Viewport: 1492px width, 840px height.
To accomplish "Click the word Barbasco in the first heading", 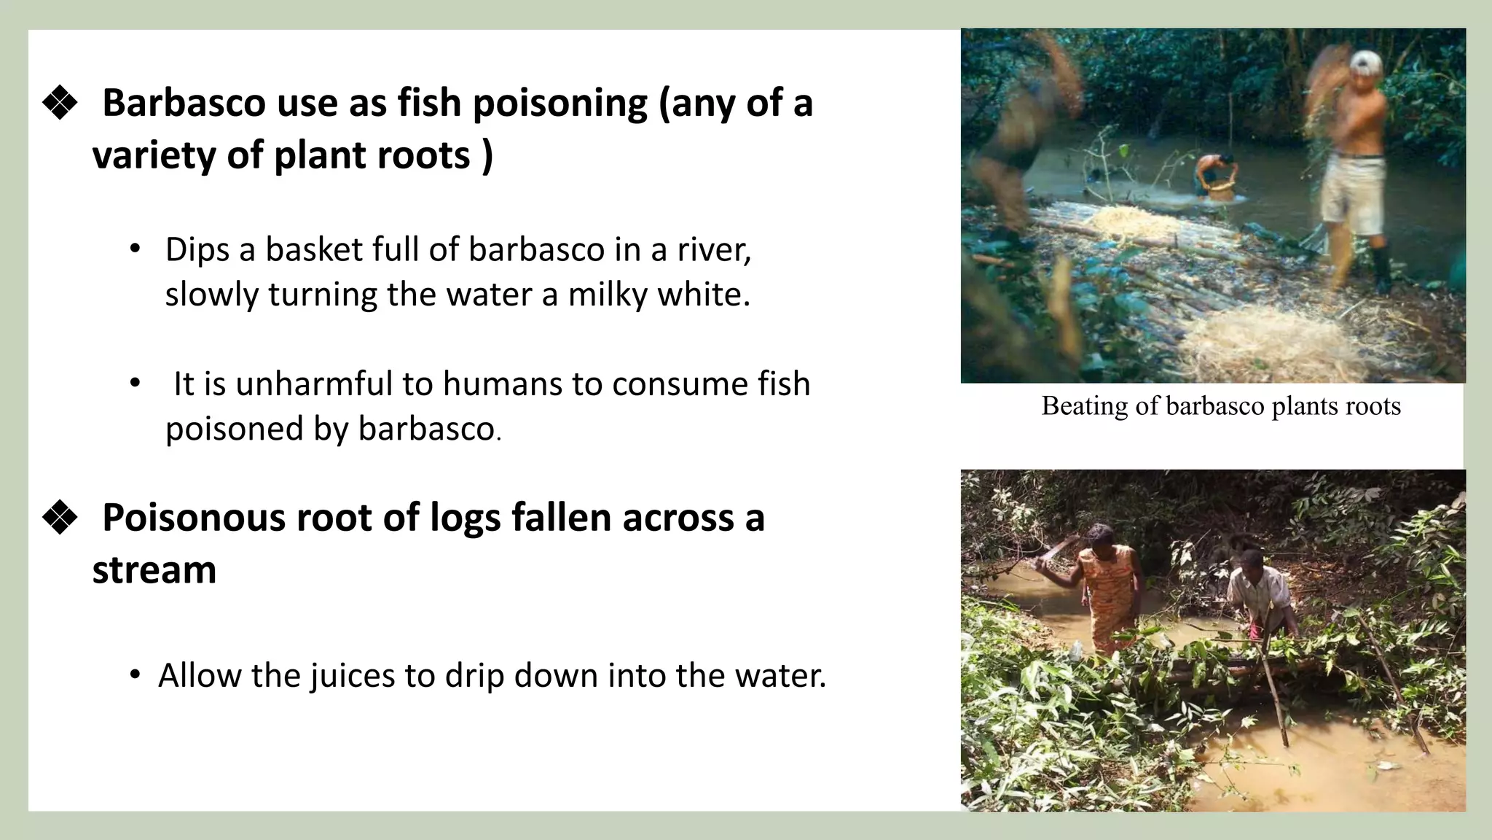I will (184, 103).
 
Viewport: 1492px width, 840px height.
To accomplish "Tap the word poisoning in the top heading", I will (559, 103).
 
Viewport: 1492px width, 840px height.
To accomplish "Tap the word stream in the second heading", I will (154, 570).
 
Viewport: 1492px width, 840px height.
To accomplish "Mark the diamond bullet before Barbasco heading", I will (60, 103).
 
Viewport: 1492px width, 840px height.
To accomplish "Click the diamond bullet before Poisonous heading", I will (60, 518).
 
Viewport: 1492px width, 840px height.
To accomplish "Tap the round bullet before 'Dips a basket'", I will (134, 249).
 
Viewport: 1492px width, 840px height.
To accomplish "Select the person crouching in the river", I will (1214, 176).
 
